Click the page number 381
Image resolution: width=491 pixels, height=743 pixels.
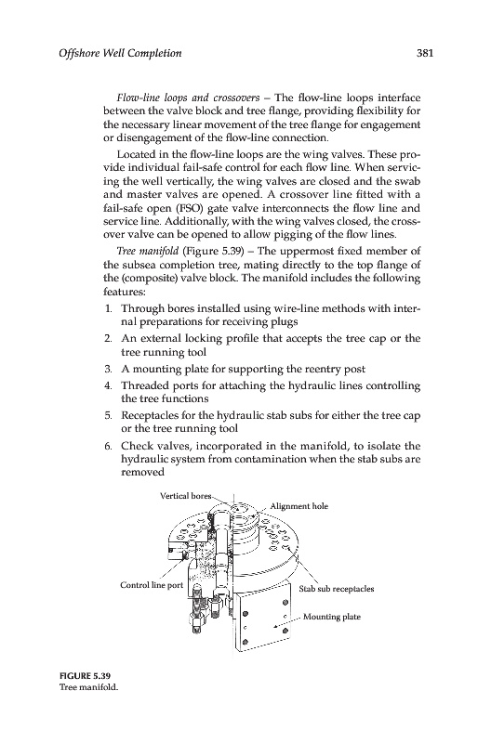(425, 53)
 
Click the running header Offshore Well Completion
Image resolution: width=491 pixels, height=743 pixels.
(120, 53)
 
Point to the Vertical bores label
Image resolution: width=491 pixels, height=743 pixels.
(185, 496)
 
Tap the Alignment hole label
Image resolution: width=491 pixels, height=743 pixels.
(299, 506)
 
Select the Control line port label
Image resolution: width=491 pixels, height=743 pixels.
(152, 585)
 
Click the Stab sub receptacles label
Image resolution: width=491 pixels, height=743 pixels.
(337, 589)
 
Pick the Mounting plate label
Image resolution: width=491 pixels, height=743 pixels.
(332, 617)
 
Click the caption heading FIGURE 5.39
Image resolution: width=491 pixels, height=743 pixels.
(82, 675)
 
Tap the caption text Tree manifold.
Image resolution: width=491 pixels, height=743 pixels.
(88, 687)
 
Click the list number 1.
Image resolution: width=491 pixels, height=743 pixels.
(108, 308)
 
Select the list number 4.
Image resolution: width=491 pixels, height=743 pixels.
(108, 385)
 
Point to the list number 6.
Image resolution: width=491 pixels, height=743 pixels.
(108, 446)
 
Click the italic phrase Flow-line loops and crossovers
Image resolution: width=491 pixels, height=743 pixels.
(188, 98)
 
